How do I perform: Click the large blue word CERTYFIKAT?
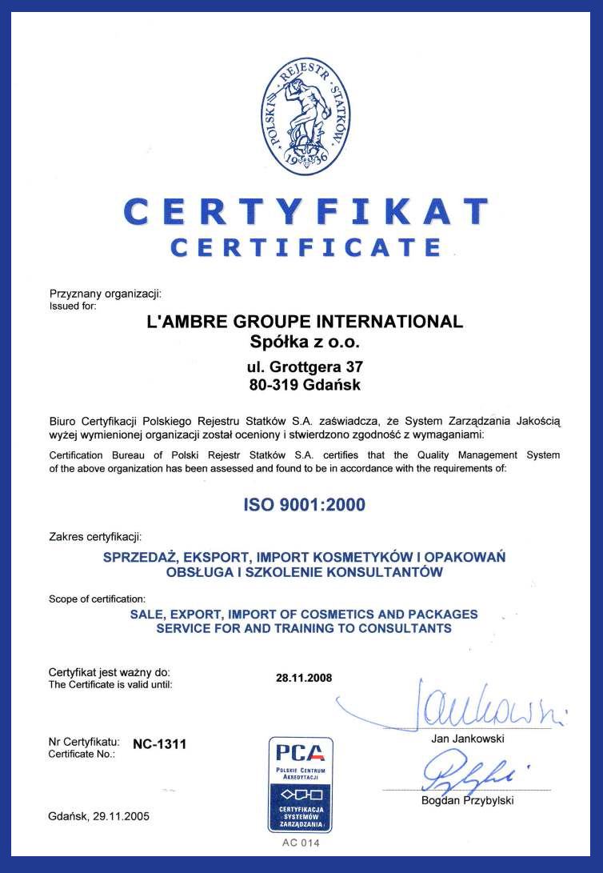pos(306,211)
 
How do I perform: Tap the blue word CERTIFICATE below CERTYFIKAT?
pos(306,246)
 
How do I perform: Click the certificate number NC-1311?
pos(160,744)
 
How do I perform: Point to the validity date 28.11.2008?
pos(304,678)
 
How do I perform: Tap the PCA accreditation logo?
pos(301,784)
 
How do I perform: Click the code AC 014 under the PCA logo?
pos(301,843)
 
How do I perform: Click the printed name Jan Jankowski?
pos(468,739)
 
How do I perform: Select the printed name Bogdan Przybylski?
pos(468,800)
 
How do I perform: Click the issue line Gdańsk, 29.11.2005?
pos(99,816)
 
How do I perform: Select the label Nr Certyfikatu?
pos(85,742)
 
